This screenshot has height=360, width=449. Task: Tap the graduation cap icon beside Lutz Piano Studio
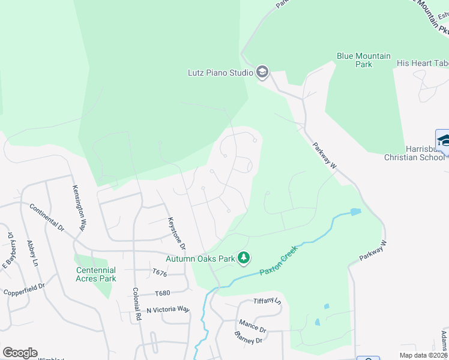262,73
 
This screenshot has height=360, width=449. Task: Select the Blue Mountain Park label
363,61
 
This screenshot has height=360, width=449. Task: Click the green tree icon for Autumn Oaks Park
243,258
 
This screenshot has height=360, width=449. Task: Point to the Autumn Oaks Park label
200,259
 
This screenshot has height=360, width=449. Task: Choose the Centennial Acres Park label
96,274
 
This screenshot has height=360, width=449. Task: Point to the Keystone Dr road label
177,233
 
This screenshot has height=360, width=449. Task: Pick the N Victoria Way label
168,310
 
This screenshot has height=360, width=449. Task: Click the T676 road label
160,272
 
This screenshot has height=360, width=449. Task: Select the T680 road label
163,293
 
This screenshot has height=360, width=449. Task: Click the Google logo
20,353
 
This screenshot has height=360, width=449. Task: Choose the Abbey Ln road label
32,253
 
